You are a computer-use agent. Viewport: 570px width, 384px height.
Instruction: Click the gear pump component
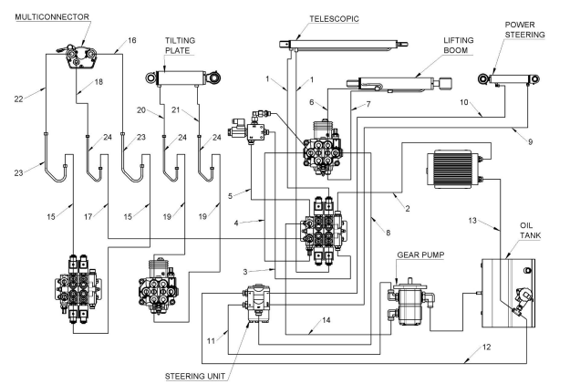click(409, 299)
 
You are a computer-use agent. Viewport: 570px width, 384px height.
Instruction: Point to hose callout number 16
click(131, 41)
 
